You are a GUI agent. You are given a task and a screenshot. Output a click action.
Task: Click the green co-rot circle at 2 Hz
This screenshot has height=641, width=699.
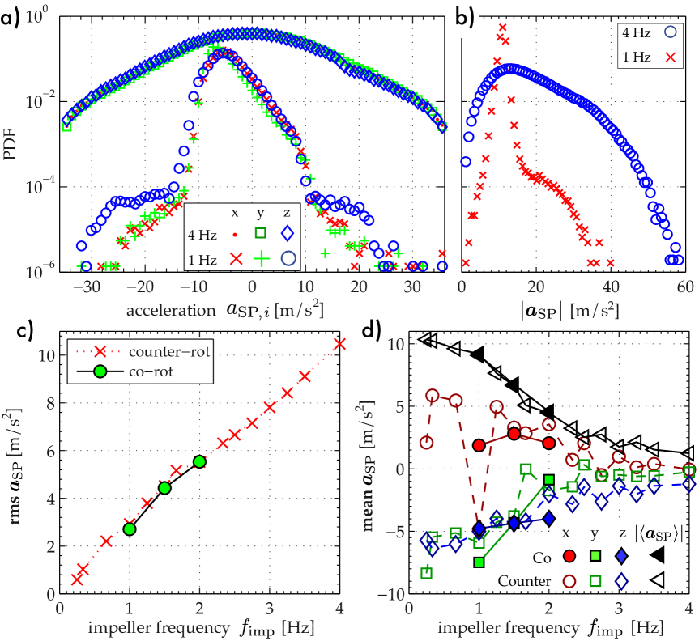click(199, 461)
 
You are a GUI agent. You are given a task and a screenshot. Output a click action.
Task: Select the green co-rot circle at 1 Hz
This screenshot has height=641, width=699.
click(130, 529)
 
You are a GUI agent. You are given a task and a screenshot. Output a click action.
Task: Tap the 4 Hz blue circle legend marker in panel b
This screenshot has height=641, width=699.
click(669, 33)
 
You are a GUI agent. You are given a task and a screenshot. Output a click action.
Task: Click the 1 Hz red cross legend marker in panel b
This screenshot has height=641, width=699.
click(669, 57)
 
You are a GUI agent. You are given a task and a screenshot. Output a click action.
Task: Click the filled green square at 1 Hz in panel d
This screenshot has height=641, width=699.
click(479, 561)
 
